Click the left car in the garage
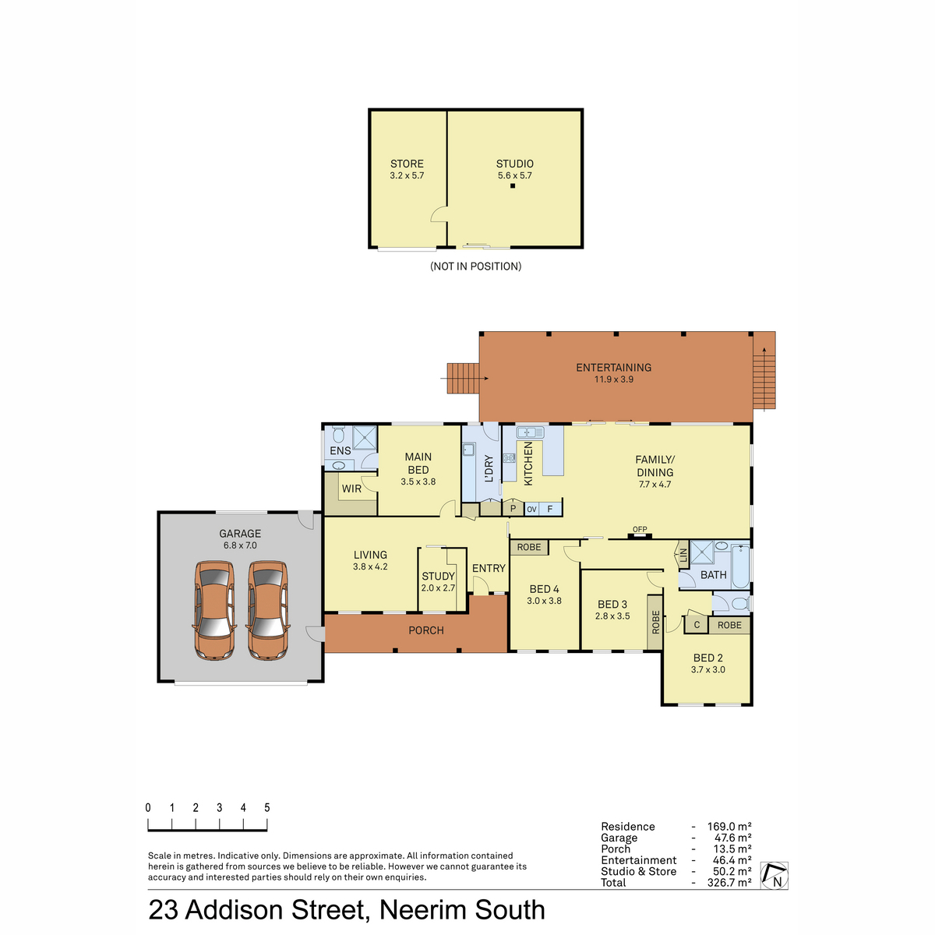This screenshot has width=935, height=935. click(x=214, y=610)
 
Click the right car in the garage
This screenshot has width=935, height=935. click(x=268, y=610)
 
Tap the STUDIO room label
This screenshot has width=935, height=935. click(x=514, y=164)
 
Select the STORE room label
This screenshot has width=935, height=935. click(x=407, y=164)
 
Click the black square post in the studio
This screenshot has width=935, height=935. click(x=513, y=186)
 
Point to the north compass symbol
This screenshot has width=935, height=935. click(x=774, y=875)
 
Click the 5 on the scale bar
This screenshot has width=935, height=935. click(x=267, y=807)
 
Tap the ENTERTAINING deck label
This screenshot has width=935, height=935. click(x=613, y=368)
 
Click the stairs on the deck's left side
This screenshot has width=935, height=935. click(x=463, y=378)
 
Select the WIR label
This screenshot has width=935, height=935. click(x=351, y=489)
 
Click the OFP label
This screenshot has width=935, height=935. click(x=640, y=529)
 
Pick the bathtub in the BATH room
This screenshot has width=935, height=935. click(x=740, y=566)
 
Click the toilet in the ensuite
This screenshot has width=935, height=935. click(x=338, y=434)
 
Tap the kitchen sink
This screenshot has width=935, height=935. click(x=530, y=432)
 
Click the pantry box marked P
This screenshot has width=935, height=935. click(x=513, y=509)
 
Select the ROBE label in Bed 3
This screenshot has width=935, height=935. click(x=655, y=622)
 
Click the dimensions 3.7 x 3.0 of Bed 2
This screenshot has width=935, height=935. click(x=708, y=669)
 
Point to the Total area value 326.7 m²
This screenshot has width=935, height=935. click(x=729, y=883)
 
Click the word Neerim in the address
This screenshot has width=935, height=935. click(x=423, y=910)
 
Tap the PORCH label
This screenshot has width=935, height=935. click(x=426, y=630)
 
